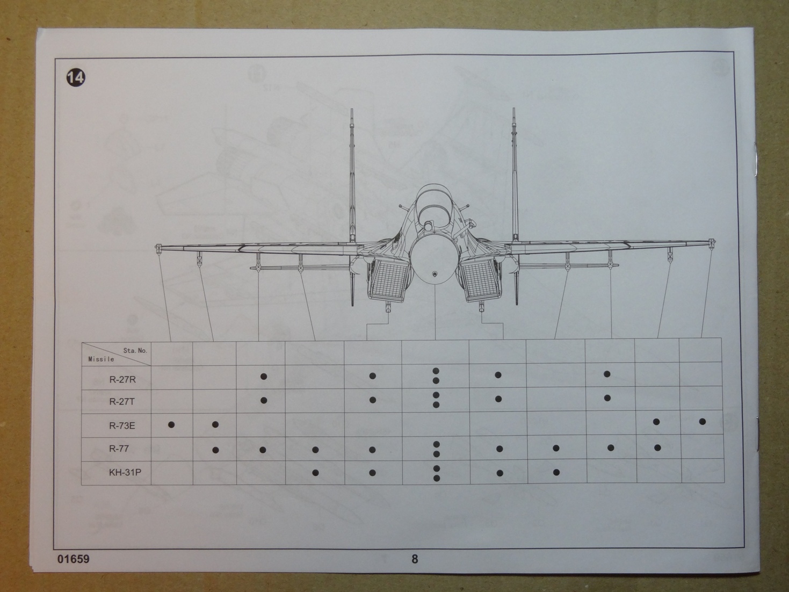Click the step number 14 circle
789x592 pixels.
[x=76, y=77]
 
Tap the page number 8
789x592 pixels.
[x=415, y=559]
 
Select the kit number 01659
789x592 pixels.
[x=73, y=559]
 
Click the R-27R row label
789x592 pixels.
[x=122, y=380]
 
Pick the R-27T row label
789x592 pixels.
[x=122, y=402]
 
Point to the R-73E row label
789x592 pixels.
[x=122, y=426]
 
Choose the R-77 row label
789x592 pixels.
[x=119, y=449]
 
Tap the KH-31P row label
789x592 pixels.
[x=125, y=472]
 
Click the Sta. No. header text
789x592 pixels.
[x=135, y=351]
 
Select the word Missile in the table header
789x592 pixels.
[x=102, y=359]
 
